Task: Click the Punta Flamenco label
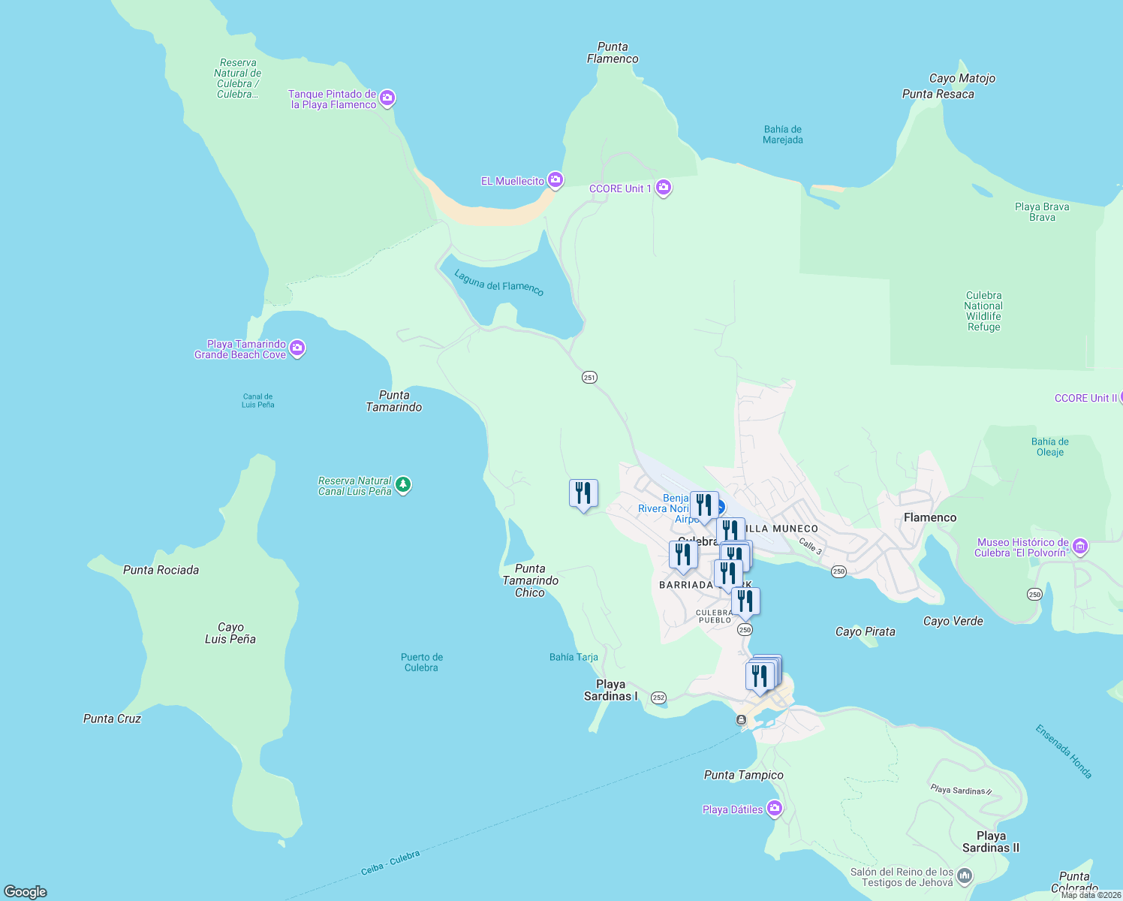(613, 53)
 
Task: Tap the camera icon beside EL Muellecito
(555, 179)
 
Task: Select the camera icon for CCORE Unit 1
(664, 187)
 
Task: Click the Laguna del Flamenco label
(498, 283)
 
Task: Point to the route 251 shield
(589, 378)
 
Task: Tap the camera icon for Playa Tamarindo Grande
(297, 348)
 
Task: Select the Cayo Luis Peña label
(230, 633)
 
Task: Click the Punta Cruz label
(113, 719)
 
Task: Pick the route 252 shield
(658, 698)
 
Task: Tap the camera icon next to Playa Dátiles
(775, 809)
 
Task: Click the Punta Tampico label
(743, 775)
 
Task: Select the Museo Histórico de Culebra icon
(1080, 546)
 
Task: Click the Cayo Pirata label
(865, 631)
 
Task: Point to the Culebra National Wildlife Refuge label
(983, 311)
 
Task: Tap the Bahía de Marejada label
(782, 134)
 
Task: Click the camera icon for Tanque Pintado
(387, 98)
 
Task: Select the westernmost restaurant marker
(583, 493)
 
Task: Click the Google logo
(26, 891)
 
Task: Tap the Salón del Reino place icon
(965, 875)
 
